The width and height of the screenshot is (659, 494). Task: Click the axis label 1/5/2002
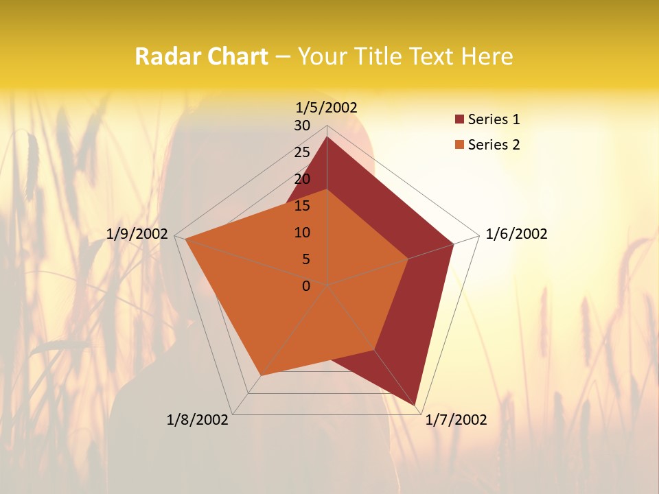(326, 107)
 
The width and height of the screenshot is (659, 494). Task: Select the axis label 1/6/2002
(516, 234)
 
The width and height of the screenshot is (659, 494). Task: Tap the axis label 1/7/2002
(456, 420)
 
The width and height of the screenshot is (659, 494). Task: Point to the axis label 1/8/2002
(198, 420)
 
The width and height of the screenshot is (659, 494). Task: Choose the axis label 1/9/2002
(137, 234)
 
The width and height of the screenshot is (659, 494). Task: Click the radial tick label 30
(302, 126)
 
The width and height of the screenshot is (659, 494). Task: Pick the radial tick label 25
(302, 152)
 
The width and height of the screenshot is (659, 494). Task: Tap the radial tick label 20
(302, 179)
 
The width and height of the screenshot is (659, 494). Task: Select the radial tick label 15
(302, 206)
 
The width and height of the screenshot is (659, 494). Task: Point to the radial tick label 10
(302, 233)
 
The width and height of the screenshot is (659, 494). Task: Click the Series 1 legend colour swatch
(459, 120)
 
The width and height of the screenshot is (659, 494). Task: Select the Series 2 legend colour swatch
(459, 145)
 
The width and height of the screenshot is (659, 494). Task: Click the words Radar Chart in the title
(201, 56)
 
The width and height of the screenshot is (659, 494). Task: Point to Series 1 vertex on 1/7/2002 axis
(415, 405)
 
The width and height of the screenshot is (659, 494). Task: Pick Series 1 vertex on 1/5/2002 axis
(327, 137)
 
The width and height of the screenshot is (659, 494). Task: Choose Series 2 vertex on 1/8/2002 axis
(260, 376)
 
